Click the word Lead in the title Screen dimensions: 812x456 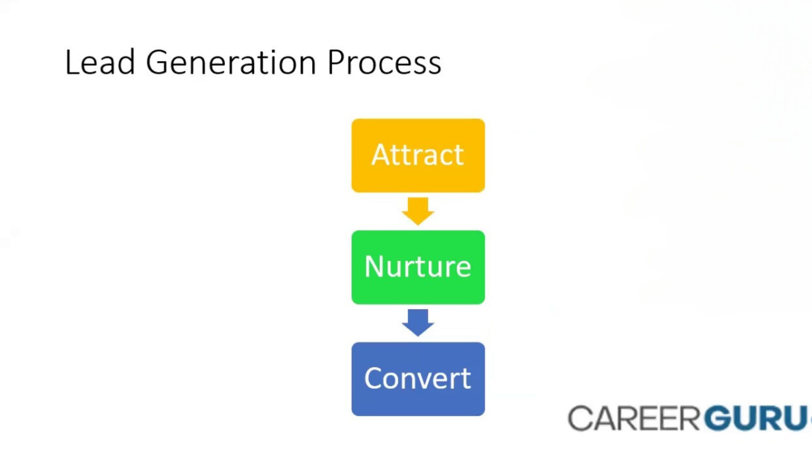[100, 62]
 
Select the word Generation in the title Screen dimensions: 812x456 [231, 62]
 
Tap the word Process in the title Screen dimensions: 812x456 [384, 62]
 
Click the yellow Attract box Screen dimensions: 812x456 [418, 155]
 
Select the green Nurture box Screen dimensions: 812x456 [418, 267]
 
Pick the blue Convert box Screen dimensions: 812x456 [418, 379]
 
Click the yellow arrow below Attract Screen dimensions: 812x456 [418, 211]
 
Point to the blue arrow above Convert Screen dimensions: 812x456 [418, 323]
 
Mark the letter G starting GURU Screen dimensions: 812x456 [719, 418]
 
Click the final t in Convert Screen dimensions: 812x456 [465, 379]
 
